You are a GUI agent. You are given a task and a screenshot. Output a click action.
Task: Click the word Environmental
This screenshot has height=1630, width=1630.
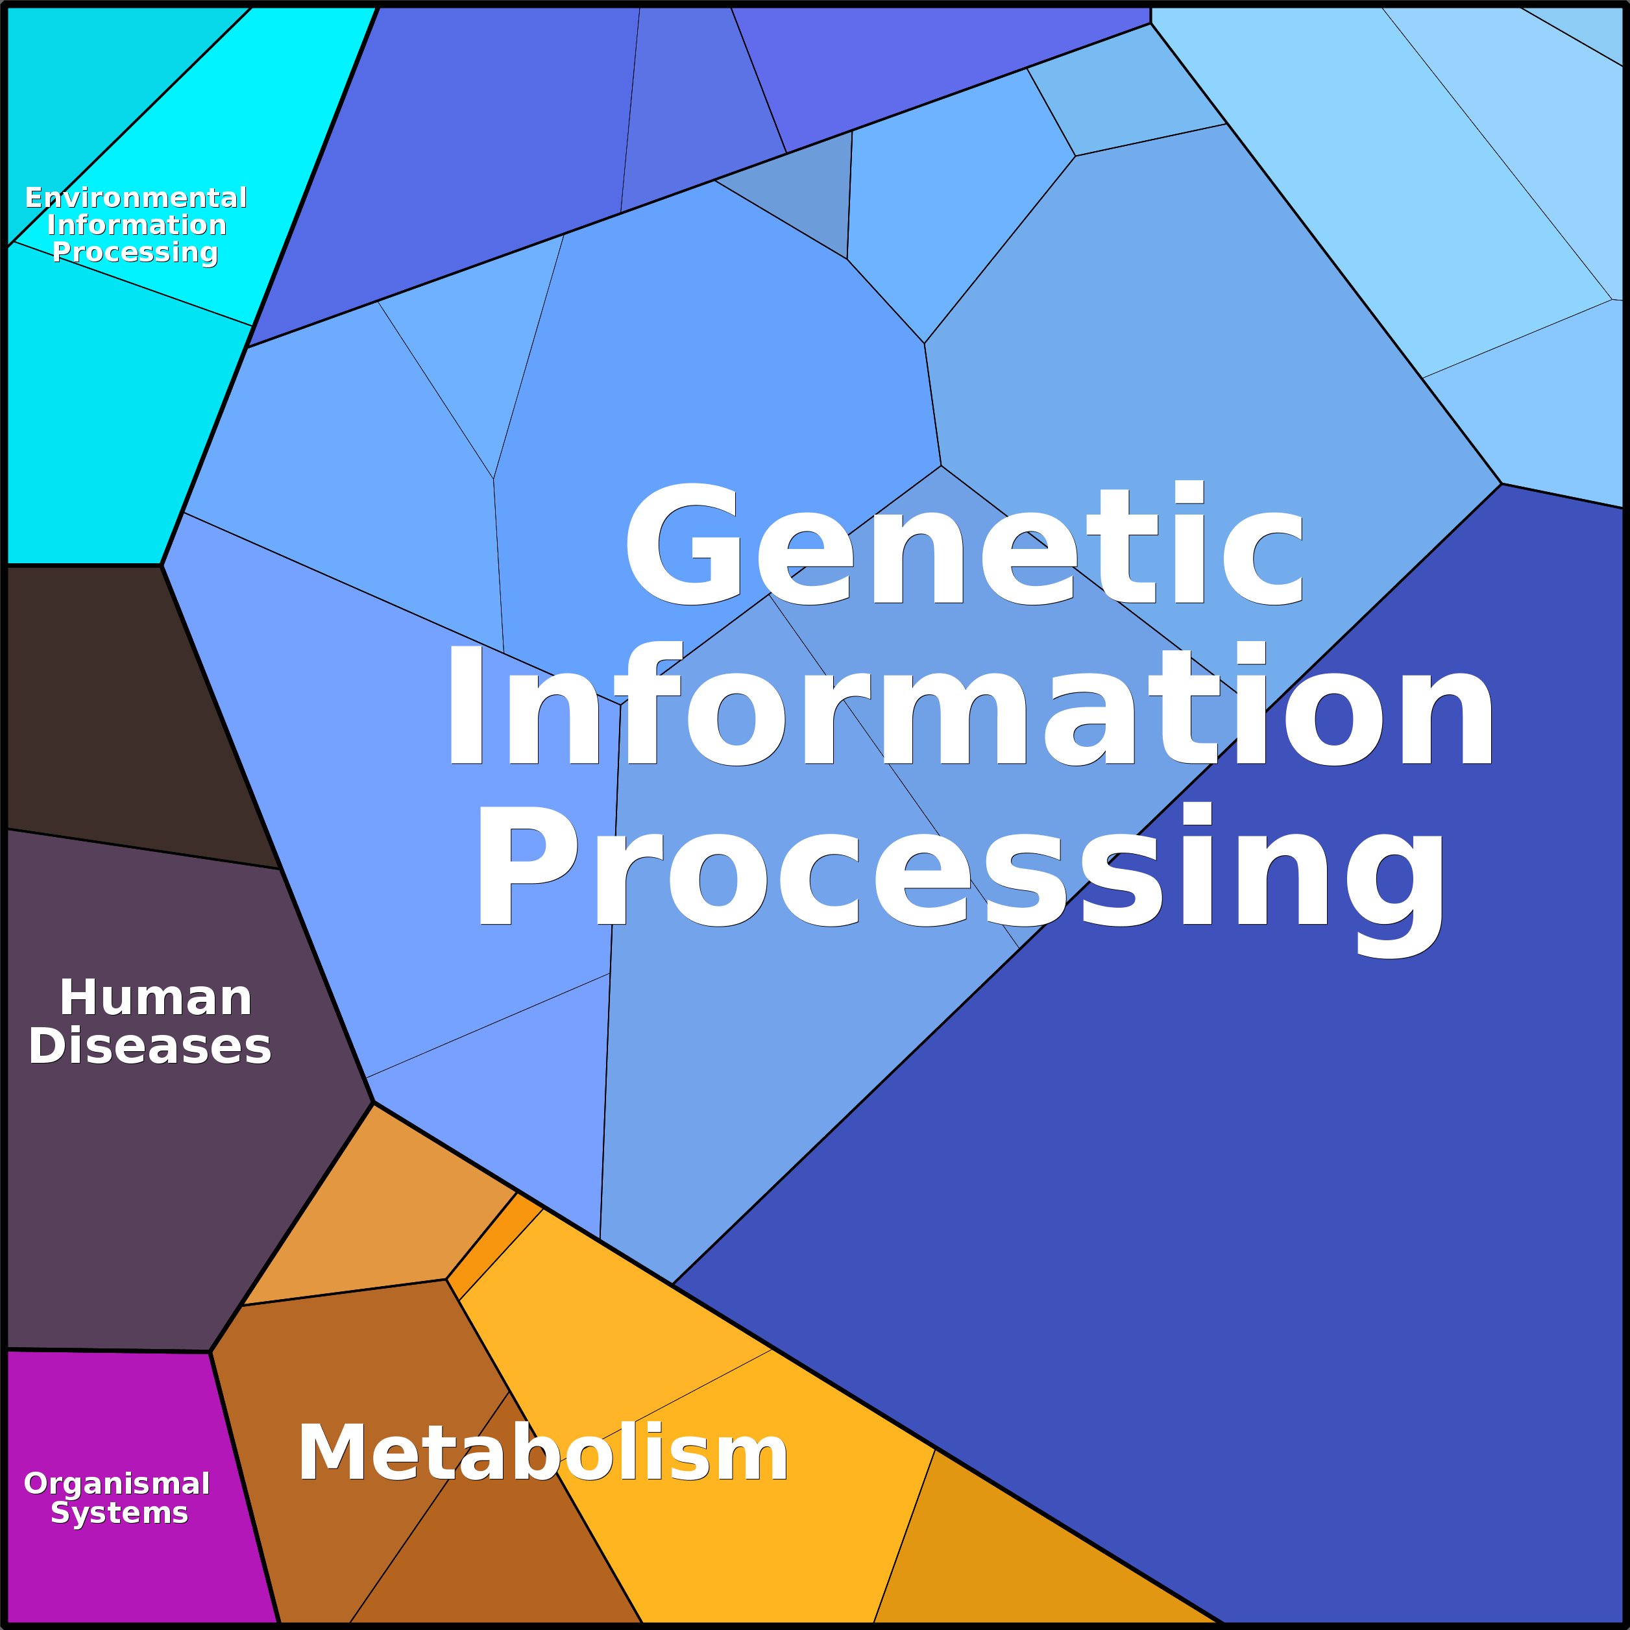[136, 197]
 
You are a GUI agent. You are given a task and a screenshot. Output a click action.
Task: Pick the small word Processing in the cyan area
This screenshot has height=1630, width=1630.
[135, 252]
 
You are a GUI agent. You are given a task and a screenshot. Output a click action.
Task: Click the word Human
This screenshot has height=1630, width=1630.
[156, 999]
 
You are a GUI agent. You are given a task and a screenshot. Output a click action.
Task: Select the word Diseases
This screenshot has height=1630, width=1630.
[150, 1047]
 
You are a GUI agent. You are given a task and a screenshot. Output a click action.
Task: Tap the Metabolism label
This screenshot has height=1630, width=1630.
[542, 1453]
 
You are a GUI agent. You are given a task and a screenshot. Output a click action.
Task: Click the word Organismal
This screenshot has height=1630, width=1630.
[116, 1483]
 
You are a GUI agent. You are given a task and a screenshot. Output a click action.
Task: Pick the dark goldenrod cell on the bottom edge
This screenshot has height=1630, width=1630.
[1012, 1561]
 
